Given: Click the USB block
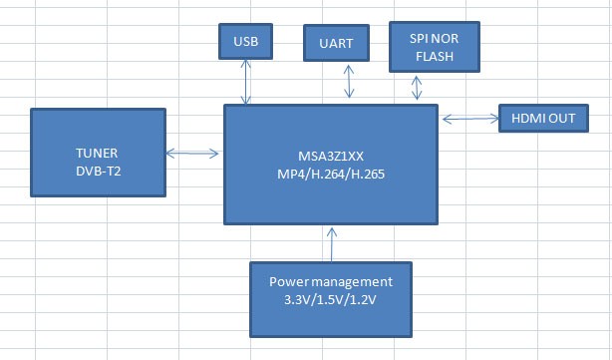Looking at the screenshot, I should coord(245,42).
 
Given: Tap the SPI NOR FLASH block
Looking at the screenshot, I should coord(432,46).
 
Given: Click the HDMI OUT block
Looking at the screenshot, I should coord(543,119).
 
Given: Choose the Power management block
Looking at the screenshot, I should coord(329,298).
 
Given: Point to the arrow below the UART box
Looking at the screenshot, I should coord(348,84).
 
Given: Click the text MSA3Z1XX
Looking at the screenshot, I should coord(331,156).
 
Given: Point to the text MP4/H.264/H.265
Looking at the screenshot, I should coord(331,174).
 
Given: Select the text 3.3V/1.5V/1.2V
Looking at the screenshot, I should coord(330,299).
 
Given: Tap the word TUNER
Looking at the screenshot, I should coord(96,154).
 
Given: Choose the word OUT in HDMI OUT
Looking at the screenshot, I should coord(562,120).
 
